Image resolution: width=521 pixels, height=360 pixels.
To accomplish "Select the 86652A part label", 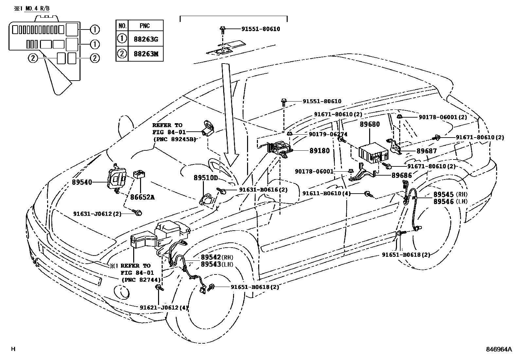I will coord(142,197).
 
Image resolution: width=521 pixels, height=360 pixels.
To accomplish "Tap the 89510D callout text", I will coord(206,178).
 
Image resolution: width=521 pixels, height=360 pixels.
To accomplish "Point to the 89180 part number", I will coord(319,151).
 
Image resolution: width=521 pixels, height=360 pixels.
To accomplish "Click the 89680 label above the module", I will coord(370,124).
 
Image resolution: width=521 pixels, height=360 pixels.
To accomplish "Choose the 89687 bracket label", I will coord(426,151).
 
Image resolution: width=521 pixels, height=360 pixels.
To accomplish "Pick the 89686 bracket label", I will coord(402,175).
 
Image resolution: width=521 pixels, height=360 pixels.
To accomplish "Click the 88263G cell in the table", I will coord(146,39).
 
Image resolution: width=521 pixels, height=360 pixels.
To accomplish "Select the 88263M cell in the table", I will coord(146,53).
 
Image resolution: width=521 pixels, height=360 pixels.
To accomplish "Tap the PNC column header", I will coord(145,26).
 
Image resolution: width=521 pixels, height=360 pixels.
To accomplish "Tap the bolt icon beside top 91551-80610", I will coord(223,29).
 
